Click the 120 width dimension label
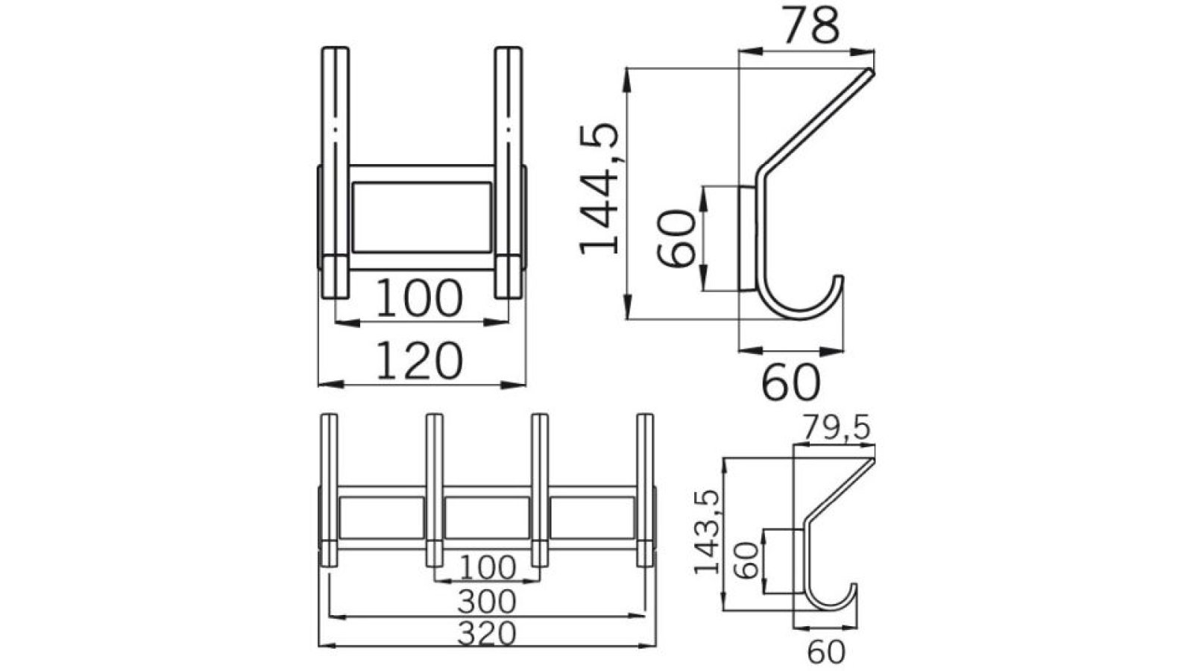click(419, 361)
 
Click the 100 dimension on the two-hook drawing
click(419, 298)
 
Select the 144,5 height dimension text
click(600, 189)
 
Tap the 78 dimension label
click(810, 27)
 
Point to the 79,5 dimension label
click(836, 428)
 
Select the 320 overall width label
click(486, 634)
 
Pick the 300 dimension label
click(486, 601)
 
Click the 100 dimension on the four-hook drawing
click(486, 568)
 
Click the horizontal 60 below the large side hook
click(790, 382)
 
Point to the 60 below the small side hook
click(826, 652)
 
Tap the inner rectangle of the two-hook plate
click(421, 216)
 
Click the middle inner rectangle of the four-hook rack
click(487, 517)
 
